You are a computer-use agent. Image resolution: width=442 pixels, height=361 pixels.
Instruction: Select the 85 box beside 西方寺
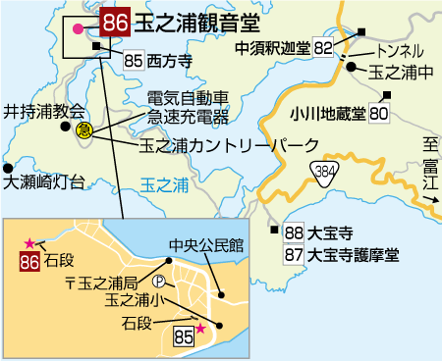136,60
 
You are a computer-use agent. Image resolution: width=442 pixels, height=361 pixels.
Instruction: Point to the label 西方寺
169,60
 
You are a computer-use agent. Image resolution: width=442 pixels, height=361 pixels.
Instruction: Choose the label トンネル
400,50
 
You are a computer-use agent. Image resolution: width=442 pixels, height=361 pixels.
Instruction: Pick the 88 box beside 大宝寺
293,234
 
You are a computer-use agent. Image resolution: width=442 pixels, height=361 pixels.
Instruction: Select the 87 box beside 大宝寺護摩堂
293,255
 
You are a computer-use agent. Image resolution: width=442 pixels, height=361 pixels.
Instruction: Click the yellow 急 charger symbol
85,130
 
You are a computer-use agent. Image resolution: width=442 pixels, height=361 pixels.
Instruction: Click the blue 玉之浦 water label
160,183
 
